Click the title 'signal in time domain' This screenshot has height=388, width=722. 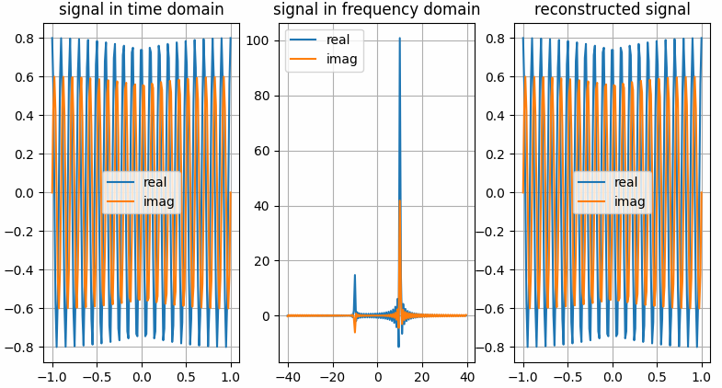click(x=141, y=10)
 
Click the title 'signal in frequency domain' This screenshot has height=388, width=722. click(x=376, y=10)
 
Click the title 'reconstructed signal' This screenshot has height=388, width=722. click(x=612, y=10)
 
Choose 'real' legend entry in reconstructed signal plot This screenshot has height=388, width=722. click(x=625, y=182)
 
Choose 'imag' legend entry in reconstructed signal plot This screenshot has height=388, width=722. click(x=628, y=201)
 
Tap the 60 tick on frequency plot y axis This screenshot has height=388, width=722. click(x=259, y=151)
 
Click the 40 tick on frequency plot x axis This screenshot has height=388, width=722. click(x=466, y=377)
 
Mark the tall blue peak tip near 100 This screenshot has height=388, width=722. click(x=399, y=39)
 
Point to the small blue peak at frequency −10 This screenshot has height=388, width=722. click(x=354, y=275)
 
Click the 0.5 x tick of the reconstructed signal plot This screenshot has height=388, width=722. click(x=657, y=377)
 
